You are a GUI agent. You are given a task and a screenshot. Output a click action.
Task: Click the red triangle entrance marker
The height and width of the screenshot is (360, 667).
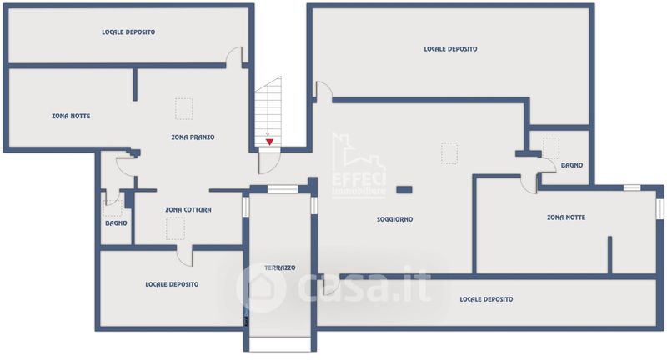(x=269, y=142)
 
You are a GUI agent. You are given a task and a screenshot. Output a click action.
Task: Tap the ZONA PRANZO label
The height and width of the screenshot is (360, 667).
(x=193, y=137)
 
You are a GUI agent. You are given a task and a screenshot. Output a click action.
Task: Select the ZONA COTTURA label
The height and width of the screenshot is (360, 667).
(x=188, y=209)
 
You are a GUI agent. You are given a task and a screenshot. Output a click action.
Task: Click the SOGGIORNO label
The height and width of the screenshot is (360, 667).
(x=394, y=219)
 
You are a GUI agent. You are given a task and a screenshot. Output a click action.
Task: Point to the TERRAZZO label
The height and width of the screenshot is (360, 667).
(x=280, y=267)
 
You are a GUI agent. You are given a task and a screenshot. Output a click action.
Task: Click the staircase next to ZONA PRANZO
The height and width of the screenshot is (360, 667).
(x=268, y=112)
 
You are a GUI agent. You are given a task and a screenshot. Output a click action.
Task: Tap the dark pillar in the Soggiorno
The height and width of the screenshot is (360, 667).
(x=404, y=189)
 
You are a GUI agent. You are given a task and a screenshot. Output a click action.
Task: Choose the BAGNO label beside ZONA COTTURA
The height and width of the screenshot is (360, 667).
(x=116, y=223)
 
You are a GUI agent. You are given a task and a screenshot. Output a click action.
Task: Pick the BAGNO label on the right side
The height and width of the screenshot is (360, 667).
(x=572, y=165)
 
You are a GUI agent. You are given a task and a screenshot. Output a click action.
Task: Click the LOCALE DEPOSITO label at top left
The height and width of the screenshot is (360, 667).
(x=128, y=32)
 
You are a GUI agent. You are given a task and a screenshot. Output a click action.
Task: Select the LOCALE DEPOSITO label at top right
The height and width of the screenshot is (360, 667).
(x=450, y=49)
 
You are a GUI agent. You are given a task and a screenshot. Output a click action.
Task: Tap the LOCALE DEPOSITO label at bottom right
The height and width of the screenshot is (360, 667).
(x=486, y=299)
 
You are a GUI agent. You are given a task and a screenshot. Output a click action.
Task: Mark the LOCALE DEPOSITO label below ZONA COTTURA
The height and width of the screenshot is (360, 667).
(x=172, y=284)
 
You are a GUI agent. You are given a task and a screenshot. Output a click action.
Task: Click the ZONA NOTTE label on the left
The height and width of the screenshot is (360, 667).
(x=71, y=116)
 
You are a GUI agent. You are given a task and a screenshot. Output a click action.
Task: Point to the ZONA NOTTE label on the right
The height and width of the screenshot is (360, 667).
(x=566, y=217)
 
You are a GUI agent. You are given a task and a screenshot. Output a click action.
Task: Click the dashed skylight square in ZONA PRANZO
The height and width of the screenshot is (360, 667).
(x=183, y=109)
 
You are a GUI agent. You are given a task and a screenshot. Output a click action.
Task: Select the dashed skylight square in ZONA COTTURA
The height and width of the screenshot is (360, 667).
(x=175, y=228)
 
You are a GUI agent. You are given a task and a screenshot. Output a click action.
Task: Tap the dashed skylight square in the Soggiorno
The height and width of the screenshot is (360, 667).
(x=449, y=153)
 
